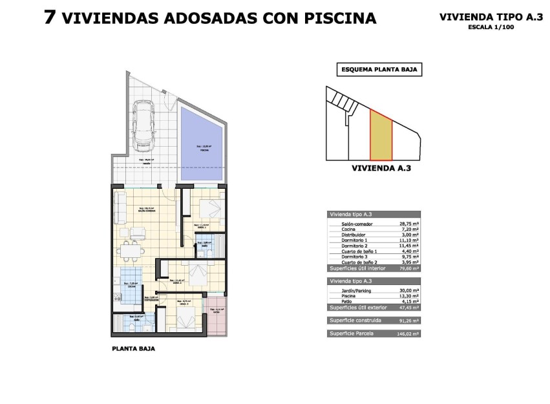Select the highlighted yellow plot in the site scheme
[x=381, y=135]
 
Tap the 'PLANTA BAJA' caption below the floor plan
[x=133, y=348]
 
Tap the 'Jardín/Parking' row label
[x=357, y=290]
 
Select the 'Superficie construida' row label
[x=355, y=320]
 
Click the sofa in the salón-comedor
[x=120, y=206]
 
